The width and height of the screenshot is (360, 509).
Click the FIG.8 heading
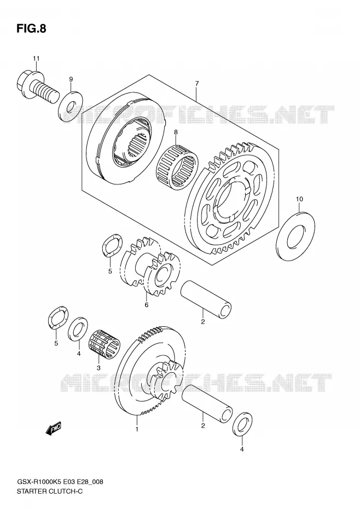(x=31, y=28)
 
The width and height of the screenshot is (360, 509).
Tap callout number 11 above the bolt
(x=36, y=59)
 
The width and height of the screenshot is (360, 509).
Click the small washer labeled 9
(x=71, y=107)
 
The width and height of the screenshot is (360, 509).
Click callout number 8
(x=176, y=132)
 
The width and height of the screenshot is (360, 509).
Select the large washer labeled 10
(x=296, y=235)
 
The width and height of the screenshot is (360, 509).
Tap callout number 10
(x=299, y=199)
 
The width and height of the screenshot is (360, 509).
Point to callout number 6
(x=147, y=305)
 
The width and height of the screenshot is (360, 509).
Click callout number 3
(x=98, y=368)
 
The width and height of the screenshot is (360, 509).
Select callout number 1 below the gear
(x=137, y=429)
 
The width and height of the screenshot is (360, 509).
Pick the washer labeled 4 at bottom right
(x=242, y=424)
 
